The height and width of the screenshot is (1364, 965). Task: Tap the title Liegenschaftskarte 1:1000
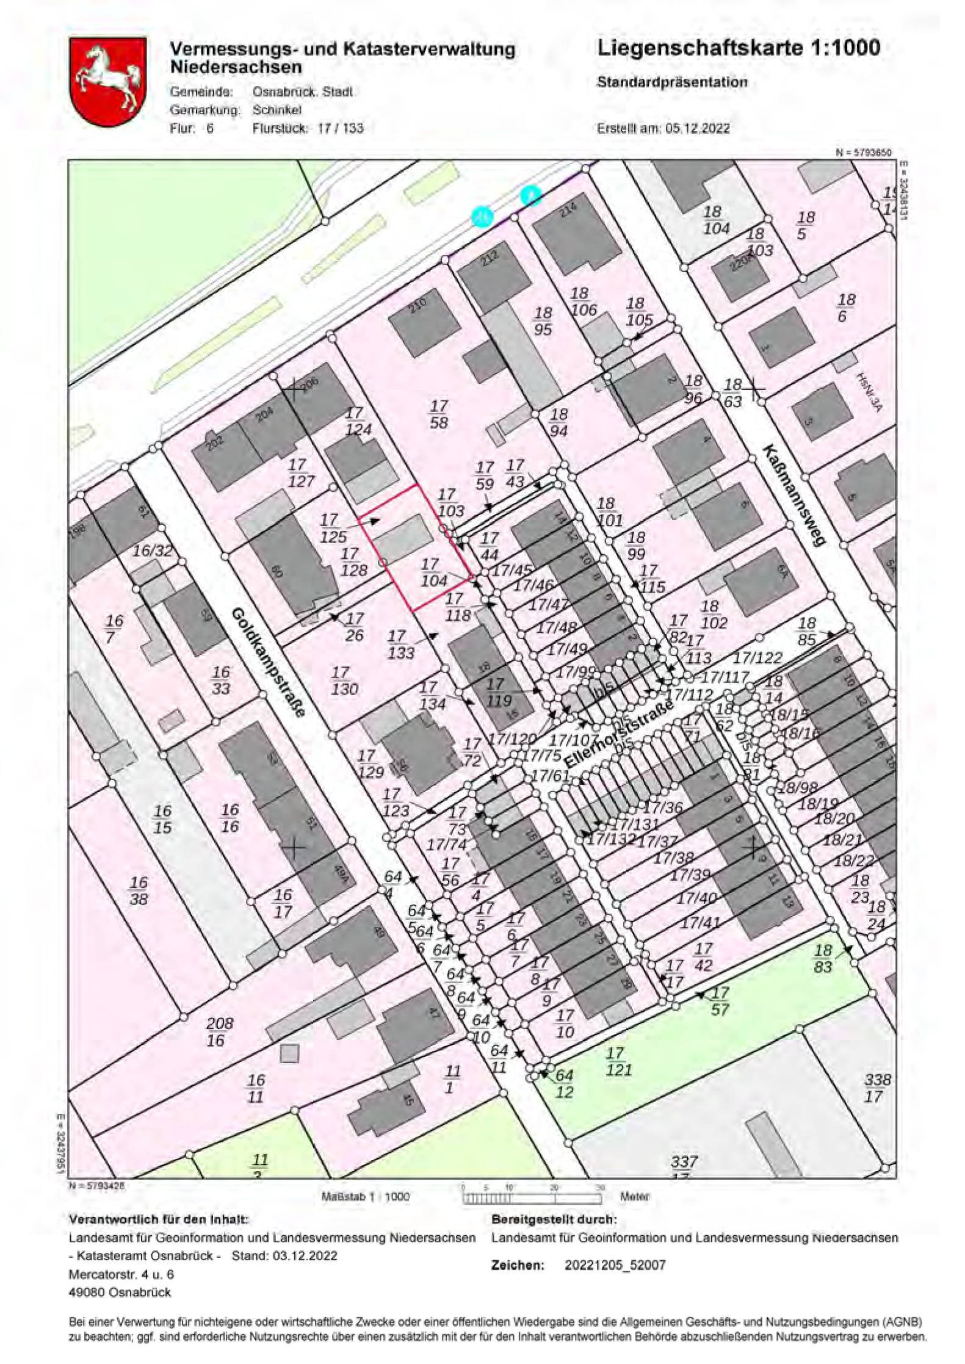(x=738, y=48)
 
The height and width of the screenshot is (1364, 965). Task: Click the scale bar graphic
(x=532, y=1197)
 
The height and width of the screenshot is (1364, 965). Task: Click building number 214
(x=568, y=209)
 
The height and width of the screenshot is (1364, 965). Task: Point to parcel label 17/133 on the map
(x=401, y=645)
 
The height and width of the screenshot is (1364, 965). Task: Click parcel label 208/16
(x=219, y=1032)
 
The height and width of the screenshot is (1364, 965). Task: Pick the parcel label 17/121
(x=618, y=1061)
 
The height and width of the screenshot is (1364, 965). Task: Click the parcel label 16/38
(x=139, y=890)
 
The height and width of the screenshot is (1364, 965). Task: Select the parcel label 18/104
(x=715, y=220)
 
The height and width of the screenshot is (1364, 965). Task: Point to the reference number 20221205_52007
(x=615, y=1265)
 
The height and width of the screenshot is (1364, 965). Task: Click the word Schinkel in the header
(x=277, y=110)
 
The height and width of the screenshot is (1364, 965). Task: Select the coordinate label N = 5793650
(x=864, y=153)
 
